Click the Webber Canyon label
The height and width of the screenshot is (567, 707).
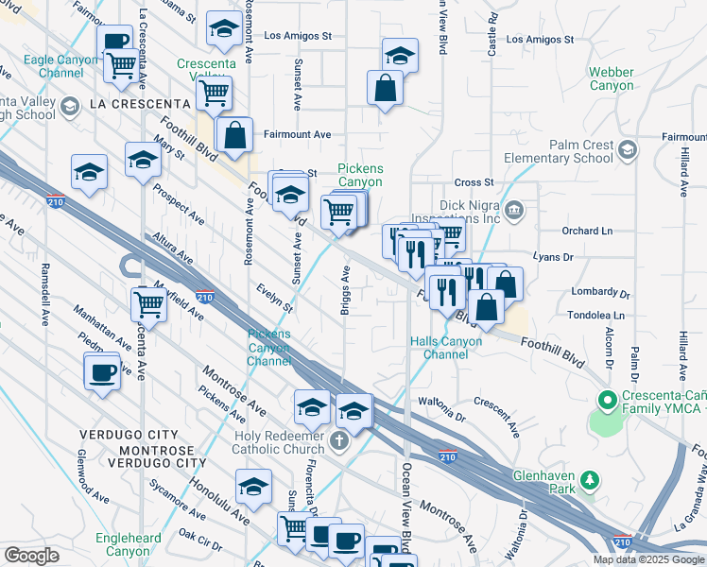[612, 78]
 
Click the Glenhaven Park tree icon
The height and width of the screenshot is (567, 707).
[589, 481]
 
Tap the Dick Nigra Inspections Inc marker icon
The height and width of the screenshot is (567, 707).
[513, 209]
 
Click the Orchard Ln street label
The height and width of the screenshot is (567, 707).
[586, 231]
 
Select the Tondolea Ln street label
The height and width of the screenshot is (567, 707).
[596, 316]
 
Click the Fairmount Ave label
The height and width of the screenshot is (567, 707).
[297, 135]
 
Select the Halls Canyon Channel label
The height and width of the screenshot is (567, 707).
[440, 348]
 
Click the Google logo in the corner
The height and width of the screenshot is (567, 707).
[32, 556]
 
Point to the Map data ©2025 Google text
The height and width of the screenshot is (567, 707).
[647, 559]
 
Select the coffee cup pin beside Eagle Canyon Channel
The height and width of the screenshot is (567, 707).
[115, 41]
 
